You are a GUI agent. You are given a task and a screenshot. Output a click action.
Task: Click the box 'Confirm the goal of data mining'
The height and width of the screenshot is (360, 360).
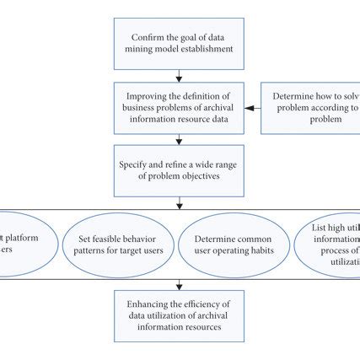(179, 44)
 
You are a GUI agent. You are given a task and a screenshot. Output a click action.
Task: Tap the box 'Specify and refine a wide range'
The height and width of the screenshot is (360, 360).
(179, 169)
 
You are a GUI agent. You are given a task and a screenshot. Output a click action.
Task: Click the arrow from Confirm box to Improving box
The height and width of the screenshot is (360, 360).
(179, 76)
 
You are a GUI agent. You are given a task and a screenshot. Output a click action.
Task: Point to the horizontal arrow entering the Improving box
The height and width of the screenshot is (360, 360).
(253, 108)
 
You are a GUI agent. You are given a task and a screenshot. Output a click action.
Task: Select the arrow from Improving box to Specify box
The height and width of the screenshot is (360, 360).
(179, 139)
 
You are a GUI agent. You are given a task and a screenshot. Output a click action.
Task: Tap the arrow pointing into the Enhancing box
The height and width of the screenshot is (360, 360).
(179, 284)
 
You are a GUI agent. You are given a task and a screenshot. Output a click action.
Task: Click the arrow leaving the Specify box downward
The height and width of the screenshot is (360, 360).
(179, 201)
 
